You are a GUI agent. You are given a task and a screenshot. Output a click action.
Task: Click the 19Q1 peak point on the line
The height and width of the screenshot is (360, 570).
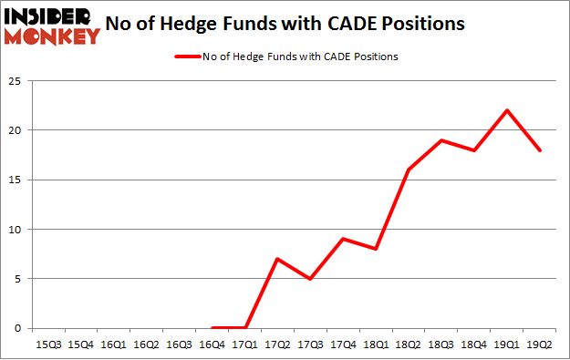[507, 110]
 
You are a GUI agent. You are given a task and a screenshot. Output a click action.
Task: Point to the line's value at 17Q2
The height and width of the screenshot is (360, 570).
[278, 259]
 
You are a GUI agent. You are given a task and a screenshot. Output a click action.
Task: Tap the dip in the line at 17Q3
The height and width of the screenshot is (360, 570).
[311, 279]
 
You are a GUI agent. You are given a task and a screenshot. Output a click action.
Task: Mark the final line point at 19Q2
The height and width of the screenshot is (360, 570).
[541, 150]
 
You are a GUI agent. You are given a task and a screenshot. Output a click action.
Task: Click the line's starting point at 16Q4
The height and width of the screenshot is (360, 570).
[212, 328]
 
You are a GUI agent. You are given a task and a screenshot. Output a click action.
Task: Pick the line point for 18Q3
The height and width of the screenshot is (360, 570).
[442, 140]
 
